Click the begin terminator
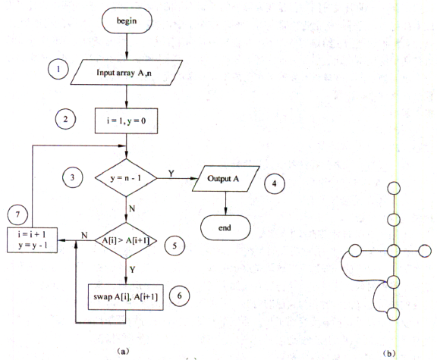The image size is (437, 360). point(127,20)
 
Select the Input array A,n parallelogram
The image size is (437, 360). point(126,73)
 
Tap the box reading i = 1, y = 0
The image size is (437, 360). point(126,121)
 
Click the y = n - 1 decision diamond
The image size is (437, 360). point(126,177)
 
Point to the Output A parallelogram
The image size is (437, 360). point(226,178)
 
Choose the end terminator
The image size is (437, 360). point(225,228)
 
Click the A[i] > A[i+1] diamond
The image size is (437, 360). point(126,240)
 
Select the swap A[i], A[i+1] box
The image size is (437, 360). point(126,297)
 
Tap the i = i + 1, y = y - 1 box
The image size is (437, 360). point(33,240)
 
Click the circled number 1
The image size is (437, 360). point(58,69)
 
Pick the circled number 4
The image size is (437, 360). point(275,183)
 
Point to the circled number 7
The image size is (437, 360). point(18,214)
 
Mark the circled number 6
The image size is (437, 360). point(180,296)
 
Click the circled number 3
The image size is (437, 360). point(73,177)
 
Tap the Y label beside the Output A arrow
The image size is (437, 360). point(171,174)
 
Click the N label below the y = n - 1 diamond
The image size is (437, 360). point(132,208)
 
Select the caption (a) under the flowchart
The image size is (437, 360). point(123,352)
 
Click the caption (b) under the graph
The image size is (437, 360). point(389,354)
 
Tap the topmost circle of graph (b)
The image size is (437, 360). point(394,188)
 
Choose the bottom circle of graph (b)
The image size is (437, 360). point(393,314)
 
